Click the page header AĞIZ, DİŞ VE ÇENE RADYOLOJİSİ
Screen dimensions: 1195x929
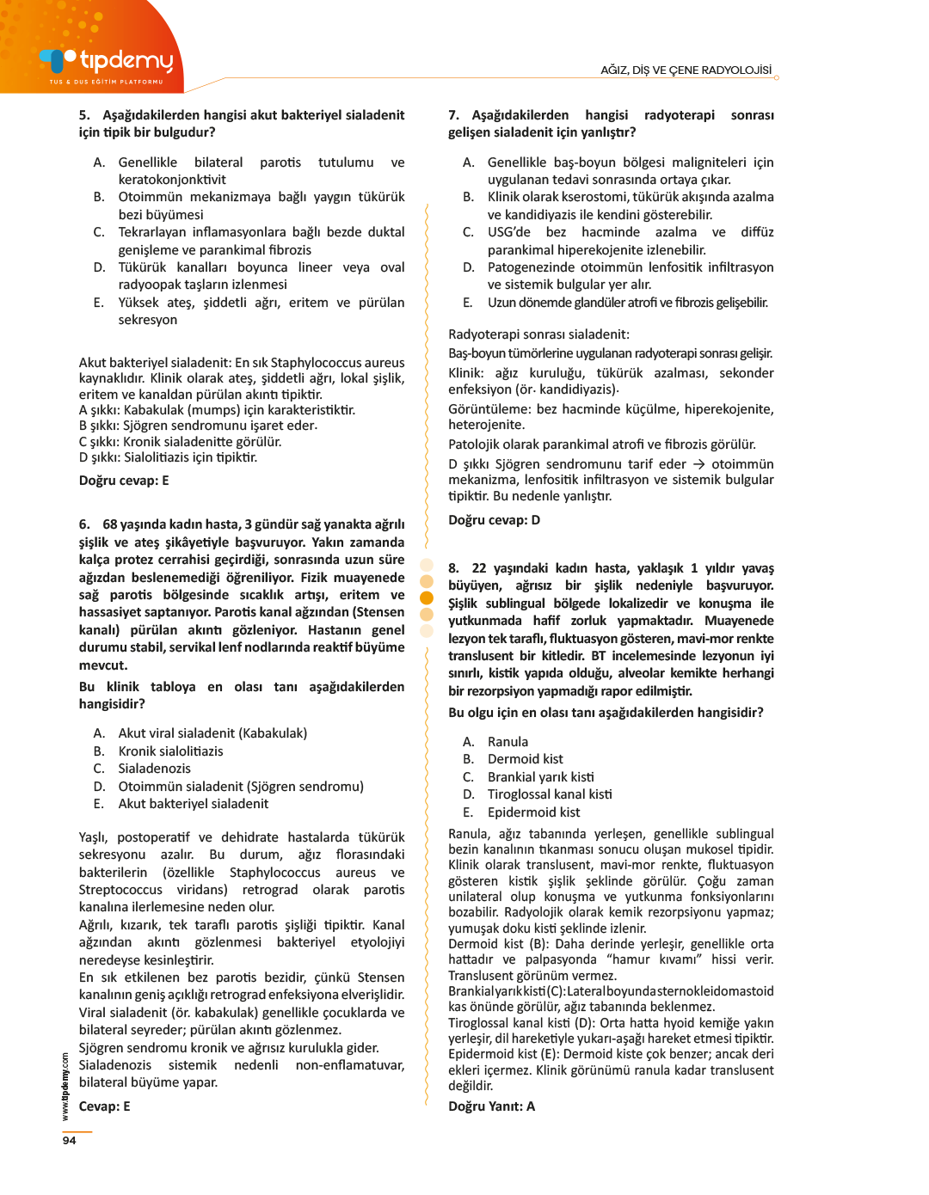686,70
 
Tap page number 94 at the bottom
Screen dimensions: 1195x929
69,1140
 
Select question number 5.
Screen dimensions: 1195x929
84,115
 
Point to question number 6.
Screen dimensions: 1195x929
84,524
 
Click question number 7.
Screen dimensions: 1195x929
453,115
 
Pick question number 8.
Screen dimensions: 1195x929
453,568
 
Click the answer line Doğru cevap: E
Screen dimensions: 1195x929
124,481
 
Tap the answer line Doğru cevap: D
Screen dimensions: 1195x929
494,520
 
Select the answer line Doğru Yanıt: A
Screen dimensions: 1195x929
491,1106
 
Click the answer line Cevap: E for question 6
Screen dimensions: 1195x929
104,1106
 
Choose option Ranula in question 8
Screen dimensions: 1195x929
508,742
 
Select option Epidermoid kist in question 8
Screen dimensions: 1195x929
533,812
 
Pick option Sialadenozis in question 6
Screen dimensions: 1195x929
155,769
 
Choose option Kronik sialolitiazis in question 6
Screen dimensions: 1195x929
170,751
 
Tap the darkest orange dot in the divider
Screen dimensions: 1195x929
426,597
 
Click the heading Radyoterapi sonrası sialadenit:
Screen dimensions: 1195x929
538,334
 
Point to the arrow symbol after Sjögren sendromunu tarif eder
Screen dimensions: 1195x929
698,464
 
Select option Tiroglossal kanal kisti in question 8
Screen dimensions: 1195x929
550,794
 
